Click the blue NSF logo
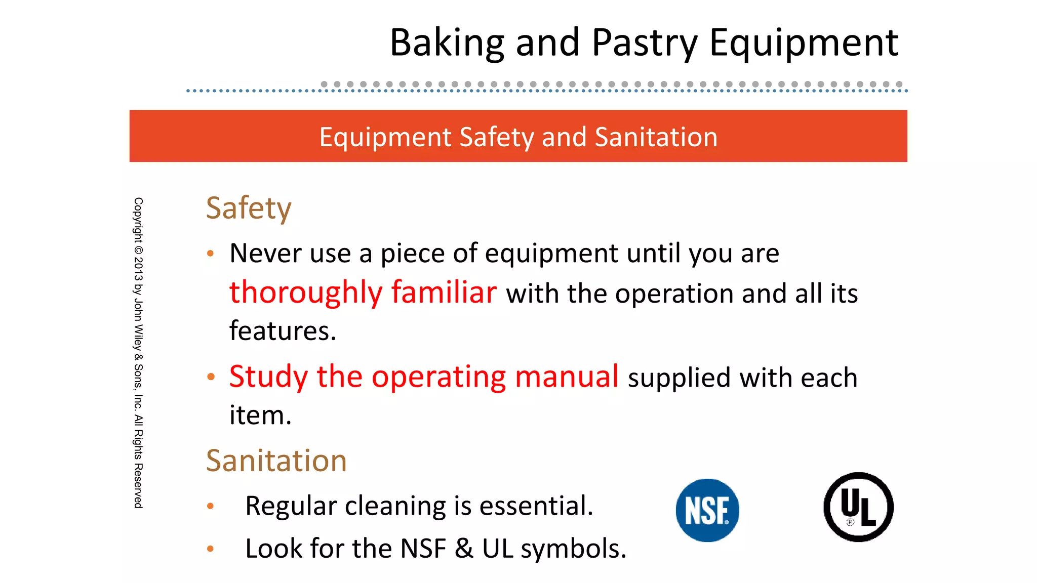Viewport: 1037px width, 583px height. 707,510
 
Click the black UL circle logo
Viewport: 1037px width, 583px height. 858,507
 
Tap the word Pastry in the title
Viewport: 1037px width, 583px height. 645,43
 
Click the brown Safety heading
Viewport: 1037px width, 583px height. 249,208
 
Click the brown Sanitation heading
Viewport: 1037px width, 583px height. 276,461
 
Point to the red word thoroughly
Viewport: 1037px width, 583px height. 306,293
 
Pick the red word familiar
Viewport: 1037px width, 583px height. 444,293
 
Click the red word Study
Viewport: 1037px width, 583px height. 268,377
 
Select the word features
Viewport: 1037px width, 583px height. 283,331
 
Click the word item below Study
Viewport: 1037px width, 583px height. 260,415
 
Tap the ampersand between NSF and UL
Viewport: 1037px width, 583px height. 464,549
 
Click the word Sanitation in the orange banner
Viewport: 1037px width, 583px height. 656,137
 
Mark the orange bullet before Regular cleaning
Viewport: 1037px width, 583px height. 211,506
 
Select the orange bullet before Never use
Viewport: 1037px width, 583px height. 211,254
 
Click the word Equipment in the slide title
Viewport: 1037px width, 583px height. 804,43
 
